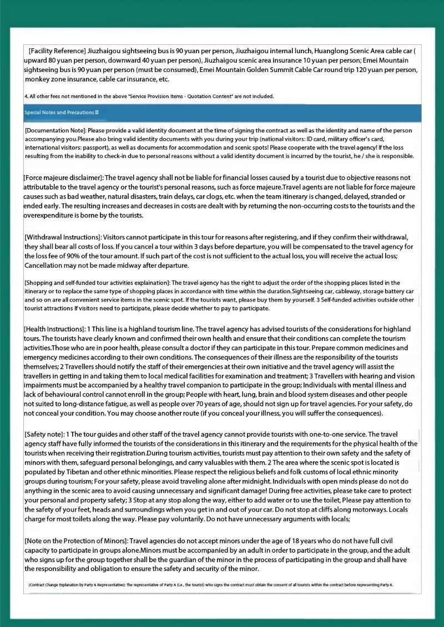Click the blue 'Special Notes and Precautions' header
click(x=61, y=113)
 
